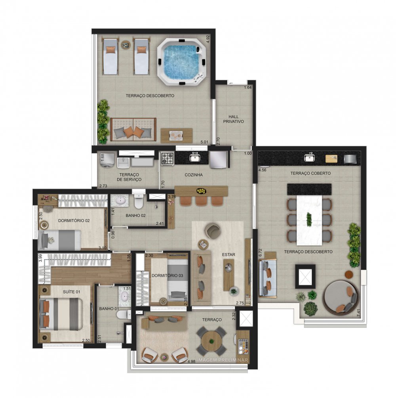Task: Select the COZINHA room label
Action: pos(194,175)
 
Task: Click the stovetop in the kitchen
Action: pos(167,159)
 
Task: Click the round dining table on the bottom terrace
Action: pos(211,339)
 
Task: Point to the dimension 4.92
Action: pos(207,39)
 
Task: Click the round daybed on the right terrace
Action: pos(339,297)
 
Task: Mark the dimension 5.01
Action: pos(204,141)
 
